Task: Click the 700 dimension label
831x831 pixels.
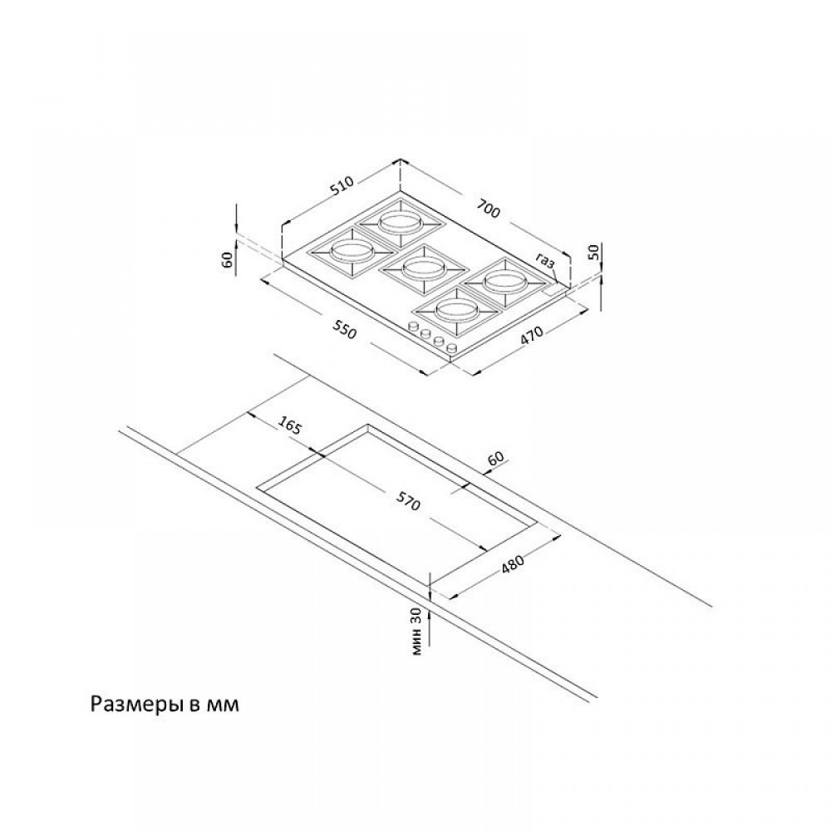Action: click(489, 208)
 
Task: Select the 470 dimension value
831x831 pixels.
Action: click(532, 336)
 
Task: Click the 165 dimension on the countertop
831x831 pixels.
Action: click(290, 426)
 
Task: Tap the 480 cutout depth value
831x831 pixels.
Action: click(512, 564)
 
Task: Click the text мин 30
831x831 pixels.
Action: click(418, 632)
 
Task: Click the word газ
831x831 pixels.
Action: click(545, 261)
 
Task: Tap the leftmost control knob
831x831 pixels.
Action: click(413, 327)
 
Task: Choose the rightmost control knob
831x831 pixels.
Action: click(451, 348)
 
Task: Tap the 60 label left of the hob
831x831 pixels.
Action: click(228, 259)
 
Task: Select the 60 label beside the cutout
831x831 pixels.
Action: click(494, 459)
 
